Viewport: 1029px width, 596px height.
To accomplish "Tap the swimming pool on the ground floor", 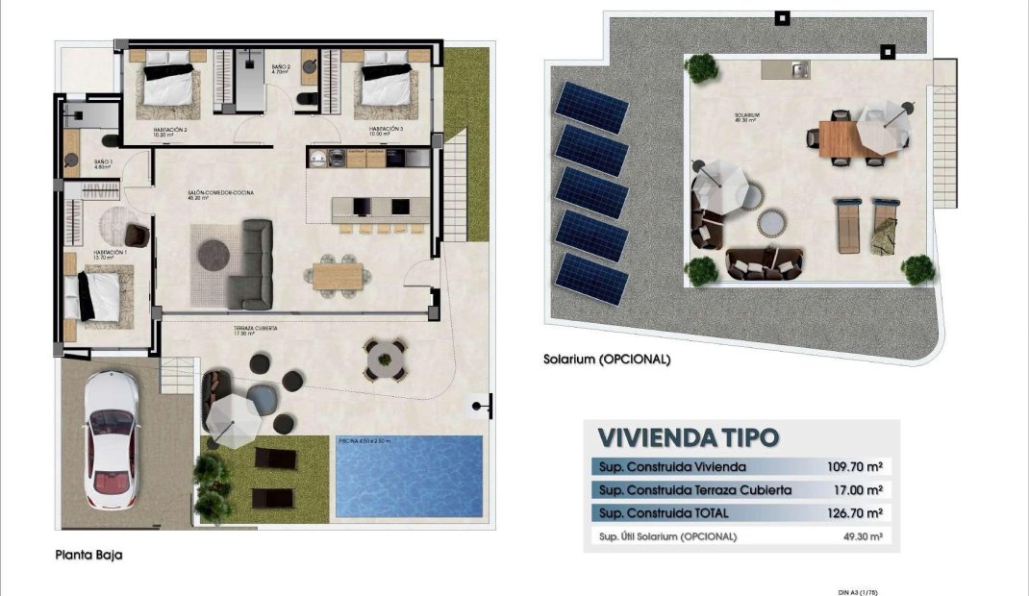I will (409, 477).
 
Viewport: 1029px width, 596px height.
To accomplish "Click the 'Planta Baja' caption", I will (88, 555).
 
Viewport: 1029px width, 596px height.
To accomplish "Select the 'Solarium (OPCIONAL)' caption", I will (606, 360).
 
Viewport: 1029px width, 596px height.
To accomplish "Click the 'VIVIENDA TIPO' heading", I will (688, 437).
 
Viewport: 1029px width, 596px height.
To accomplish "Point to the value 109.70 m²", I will (854, 467).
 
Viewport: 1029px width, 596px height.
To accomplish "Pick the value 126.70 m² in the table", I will (854, 513).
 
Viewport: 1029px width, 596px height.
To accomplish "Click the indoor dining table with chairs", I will (338, 275).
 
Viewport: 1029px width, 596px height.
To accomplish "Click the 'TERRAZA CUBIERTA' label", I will (255, 329).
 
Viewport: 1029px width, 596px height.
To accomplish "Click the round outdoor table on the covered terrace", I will (385, 360).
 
